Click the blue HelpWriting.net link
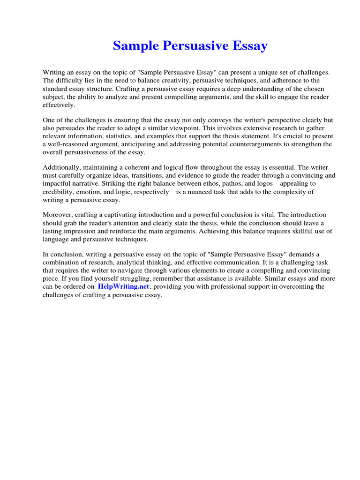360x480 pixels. (123, 286)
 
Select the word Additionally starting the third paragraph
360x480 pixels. (61, 168)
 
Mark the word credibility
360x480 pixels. (60, 192)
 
